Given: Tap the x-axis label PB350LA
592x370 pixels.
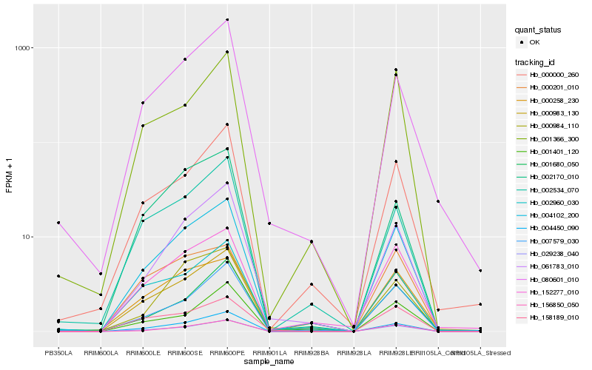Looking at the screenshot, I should click(58, 353).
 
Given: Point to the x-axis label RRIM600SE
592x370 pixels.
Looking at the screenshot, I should click(185, 353).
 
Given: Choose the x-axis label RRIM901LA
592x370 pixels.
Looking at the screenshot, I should click(269, 353).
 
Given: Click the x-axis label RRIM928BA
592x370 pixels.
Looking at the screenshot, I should click(312, 353).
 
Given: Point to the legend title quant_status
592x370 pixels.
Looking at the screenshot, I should click(538, 30).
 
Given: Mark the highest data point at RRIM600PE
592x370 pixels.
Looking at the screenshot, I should click(227, 20).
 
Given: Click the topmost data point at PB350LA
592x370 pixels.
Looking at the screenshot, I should click(58, 223).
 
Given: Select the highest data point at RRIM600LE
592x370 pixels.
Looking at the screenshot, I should click(143, 103).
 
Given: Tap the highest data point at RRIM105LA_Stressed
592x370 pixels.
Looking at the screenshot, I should click(480, 271).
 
